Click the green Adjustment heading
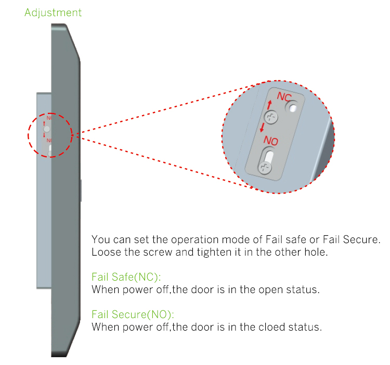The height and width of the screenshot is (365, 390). pyautogui.click(x=53, y=12)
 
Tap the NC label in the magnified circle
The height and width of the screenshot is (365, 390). pyautogui.click(x=284, y=96)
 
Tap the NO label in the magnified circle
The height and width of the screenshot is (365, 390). pyautogui.click(x=270, y=141)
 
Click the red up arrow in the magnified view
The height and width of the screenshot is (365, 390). pyautogui.click(x=269, y=105)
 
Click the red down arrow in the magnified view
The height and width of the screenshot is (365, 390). pyautogui.click(x=262, y=127)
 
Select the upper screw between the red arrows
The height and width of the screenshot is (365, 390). pyautogui.click(x=271, y=117)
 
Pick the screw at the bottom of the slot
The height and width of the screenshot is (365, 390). pyautogui.click(x=264, y=168)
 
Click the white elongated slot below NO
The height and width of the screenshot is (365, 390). pyautogui.click(x=268, y=157)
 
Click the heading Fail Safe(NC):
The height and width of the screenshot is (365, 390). pyautogui.click(x=126, y=277)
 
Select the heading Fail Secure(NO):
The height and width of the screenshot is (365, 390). pyautogui.click(x=133, y=314)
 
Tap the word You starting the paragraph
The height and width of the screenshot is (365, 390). pyautogui.click(x=101, y=240)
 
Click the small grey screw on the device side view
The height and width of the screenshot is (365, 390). pyautogui.click(x=47, y=129)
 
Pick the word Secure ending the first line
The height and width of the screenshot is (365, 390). pyautogui.click(x=361, y=240)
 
